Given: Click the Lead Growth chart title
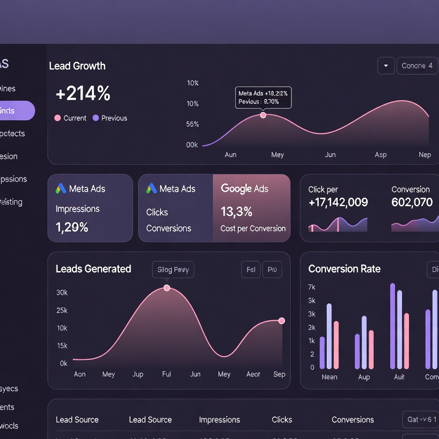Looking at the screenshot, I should (77, 66).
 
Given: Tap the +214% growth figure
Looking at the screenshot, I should (83, 94).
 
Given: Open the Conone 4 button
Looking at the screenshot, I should (417, 66).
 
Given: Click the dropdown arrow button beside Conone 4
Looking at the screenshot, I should (386, 66).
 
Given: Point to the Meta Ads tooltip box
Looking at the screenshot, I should (263, 97).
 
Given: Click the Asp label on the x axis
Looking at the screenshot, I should (380, 155).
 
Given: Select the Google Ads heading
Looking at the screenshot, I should (244, 189).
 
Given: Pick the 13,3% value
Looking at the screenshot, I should (236, 212).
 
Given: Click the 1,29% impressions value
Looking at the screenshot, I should (72, 227).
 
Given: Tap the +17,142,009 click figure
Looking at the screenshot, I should (338, 203).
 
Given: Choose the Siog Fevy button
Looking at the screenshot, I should (173, 270).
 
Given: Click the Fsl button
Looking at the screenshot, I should (251, 270).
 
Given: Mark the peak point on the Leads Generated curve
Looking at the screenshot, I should (167, 288).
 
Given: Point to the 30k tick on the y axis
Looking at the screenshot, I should (62, 293).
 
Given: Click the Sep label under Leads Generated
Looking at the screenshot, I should (279, 374).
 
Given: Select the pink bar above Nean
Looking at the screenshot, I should (336, 345).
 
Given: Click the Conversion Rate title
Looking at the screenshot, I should (344, 269).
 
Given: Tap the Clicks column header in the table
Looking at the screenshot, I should (282, 420).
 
